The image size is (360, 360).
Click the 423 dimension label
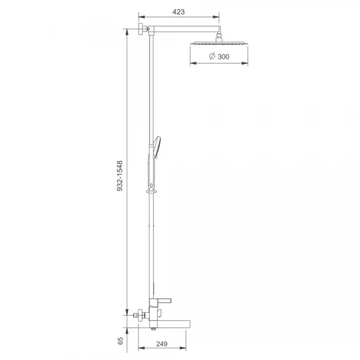[178, 12]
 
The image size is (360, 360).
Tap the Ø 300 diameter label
[219, 56]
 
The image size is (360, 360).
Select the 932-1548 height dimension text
[120, 176]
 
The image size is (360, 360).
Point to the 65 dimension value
[121, 341]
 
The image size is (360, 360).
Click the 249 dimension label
[162, 344]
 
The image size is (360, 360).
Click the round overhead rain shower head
[219, 43]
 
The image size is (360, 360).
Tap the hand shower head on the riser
[157, 147]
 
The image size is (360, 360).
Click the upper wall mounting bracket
[142, 29]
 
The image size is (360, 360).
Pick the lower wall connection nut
[140, 315]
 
